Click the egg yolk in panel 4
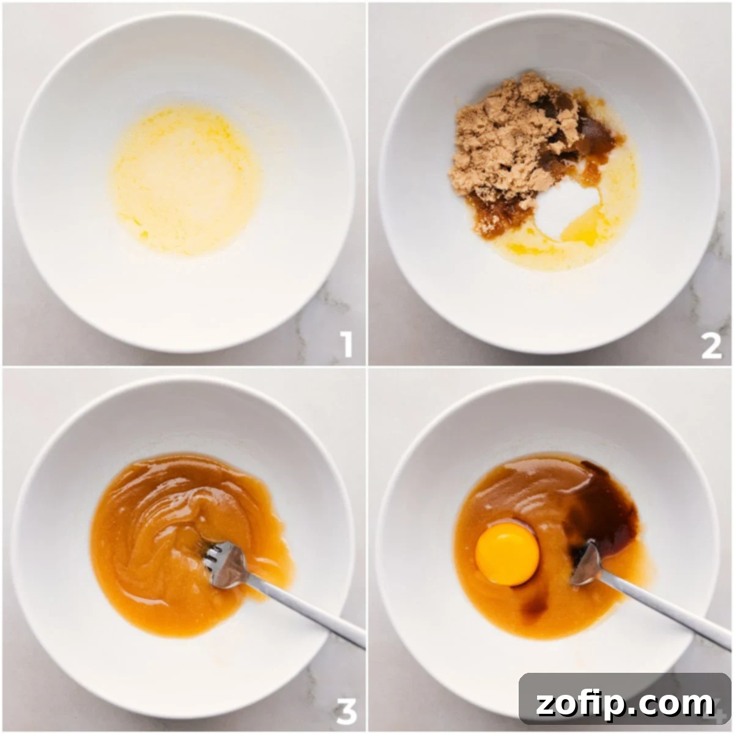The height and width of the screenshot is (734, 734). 507,554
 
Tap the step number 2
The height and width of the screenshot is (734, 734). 711,346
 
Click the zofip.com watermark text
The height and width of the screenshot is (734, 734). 624,703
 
